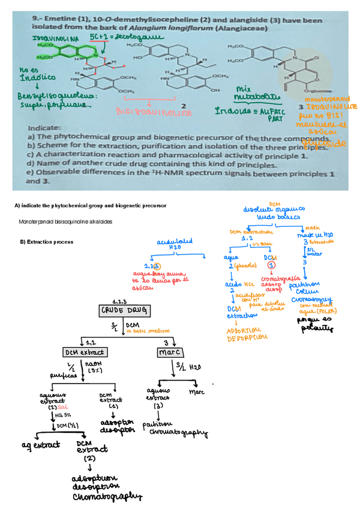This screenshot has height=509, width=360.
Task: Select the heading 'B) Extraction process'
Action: click(47, 242)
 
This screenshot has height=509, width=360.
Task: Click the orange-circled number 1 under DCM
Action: click(272, 264)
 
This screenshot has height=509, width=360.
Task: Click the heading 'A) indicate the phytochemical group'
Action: click(90, 206)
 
